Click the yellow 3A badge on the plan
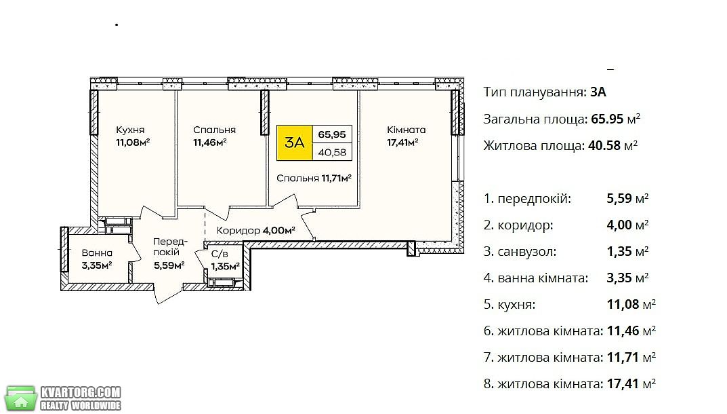pos(295,143)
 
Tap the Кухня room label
pos(130,130)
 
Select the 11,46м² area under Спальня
pos(210,142)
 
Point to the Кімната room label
pos(406,130)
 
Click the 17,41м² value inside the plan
pos(402,142)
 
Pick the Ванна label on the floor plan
pos(97,253)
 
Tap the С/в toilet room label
pos(220,254)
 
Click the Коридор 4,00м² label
pos(256,231)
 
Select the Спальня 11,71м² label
pos(314,178)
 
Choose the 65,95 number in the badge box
pos(332,135)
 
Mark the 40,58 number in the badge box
pos(332,152)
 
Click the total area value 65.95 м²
pos(616,119)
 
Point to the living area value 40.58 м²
pos(613,145)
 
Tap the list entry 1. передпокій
pos(527,199)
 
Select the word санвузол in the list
pos(526,252)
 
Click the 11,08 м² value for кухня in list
pos(631,304)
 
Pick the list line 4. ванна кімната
pos(536,278)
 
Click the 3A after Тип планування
pos(598,92)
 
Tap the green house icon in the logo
pos(20,398)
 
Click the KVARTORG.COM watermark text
pos(81,393)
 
